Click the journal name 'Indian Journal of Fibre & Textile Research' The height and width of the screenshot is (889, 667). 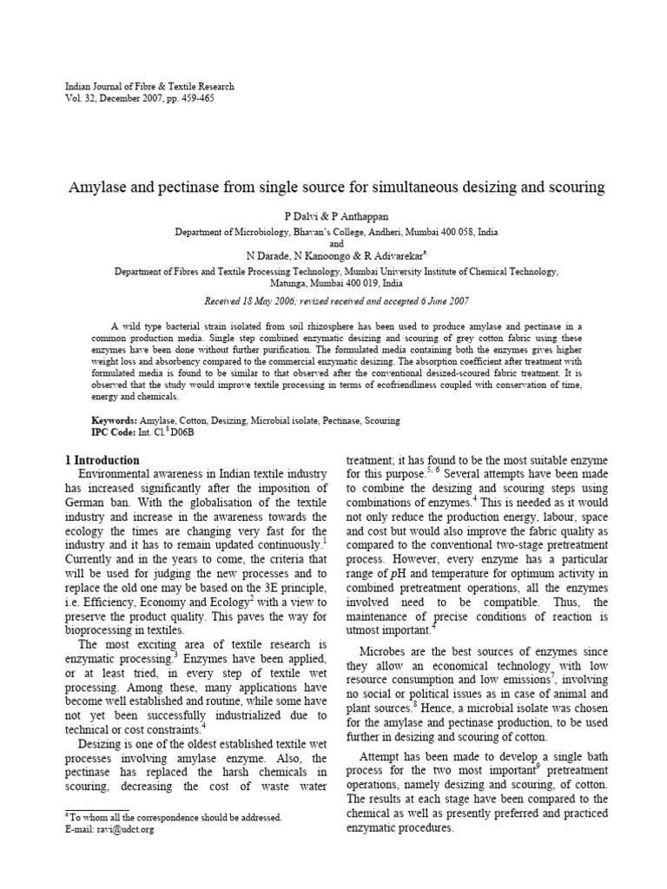coord(149,87)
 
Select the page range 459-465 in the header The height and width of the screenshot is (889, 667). coord(195,99)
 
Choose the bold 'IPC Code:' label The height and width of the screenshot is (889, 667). coord(115,431)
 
